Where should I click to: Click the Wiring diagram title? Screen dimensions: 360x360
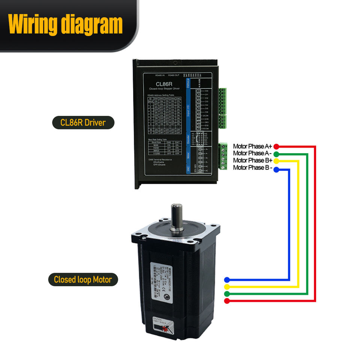[66, 24]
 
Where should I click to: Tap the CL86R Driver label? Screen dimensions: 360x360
[83, 123]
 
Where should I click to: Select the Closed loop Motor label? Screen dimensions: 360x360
[83, 279]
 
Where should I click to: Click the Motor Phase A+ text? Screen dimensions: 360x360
[252, 146]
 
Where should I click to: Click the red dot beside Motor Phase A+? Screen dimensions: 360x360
[276, 146]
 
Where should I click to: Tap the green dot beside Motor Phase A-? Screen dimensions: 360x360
[276, 154]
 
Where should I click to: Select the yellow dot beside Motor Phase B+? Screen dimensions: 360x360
[276, 161]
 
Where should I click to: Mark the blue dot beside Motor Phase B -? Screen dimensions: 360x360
[276, 169]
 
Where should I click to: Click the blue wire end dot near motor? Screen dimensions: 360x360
[227, 280]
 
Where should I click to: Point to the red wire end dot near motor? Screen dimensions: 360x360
[227, 301]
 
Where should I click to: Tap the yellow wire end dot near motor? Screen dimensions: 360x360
[227, 287]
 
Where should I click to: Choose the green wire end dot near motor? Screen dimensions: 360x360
[227, 294]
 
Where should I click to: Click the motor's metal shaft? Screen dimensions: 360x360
[177, 217]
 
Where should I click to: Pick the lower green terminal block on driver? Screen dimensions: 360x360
[223, 156]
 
